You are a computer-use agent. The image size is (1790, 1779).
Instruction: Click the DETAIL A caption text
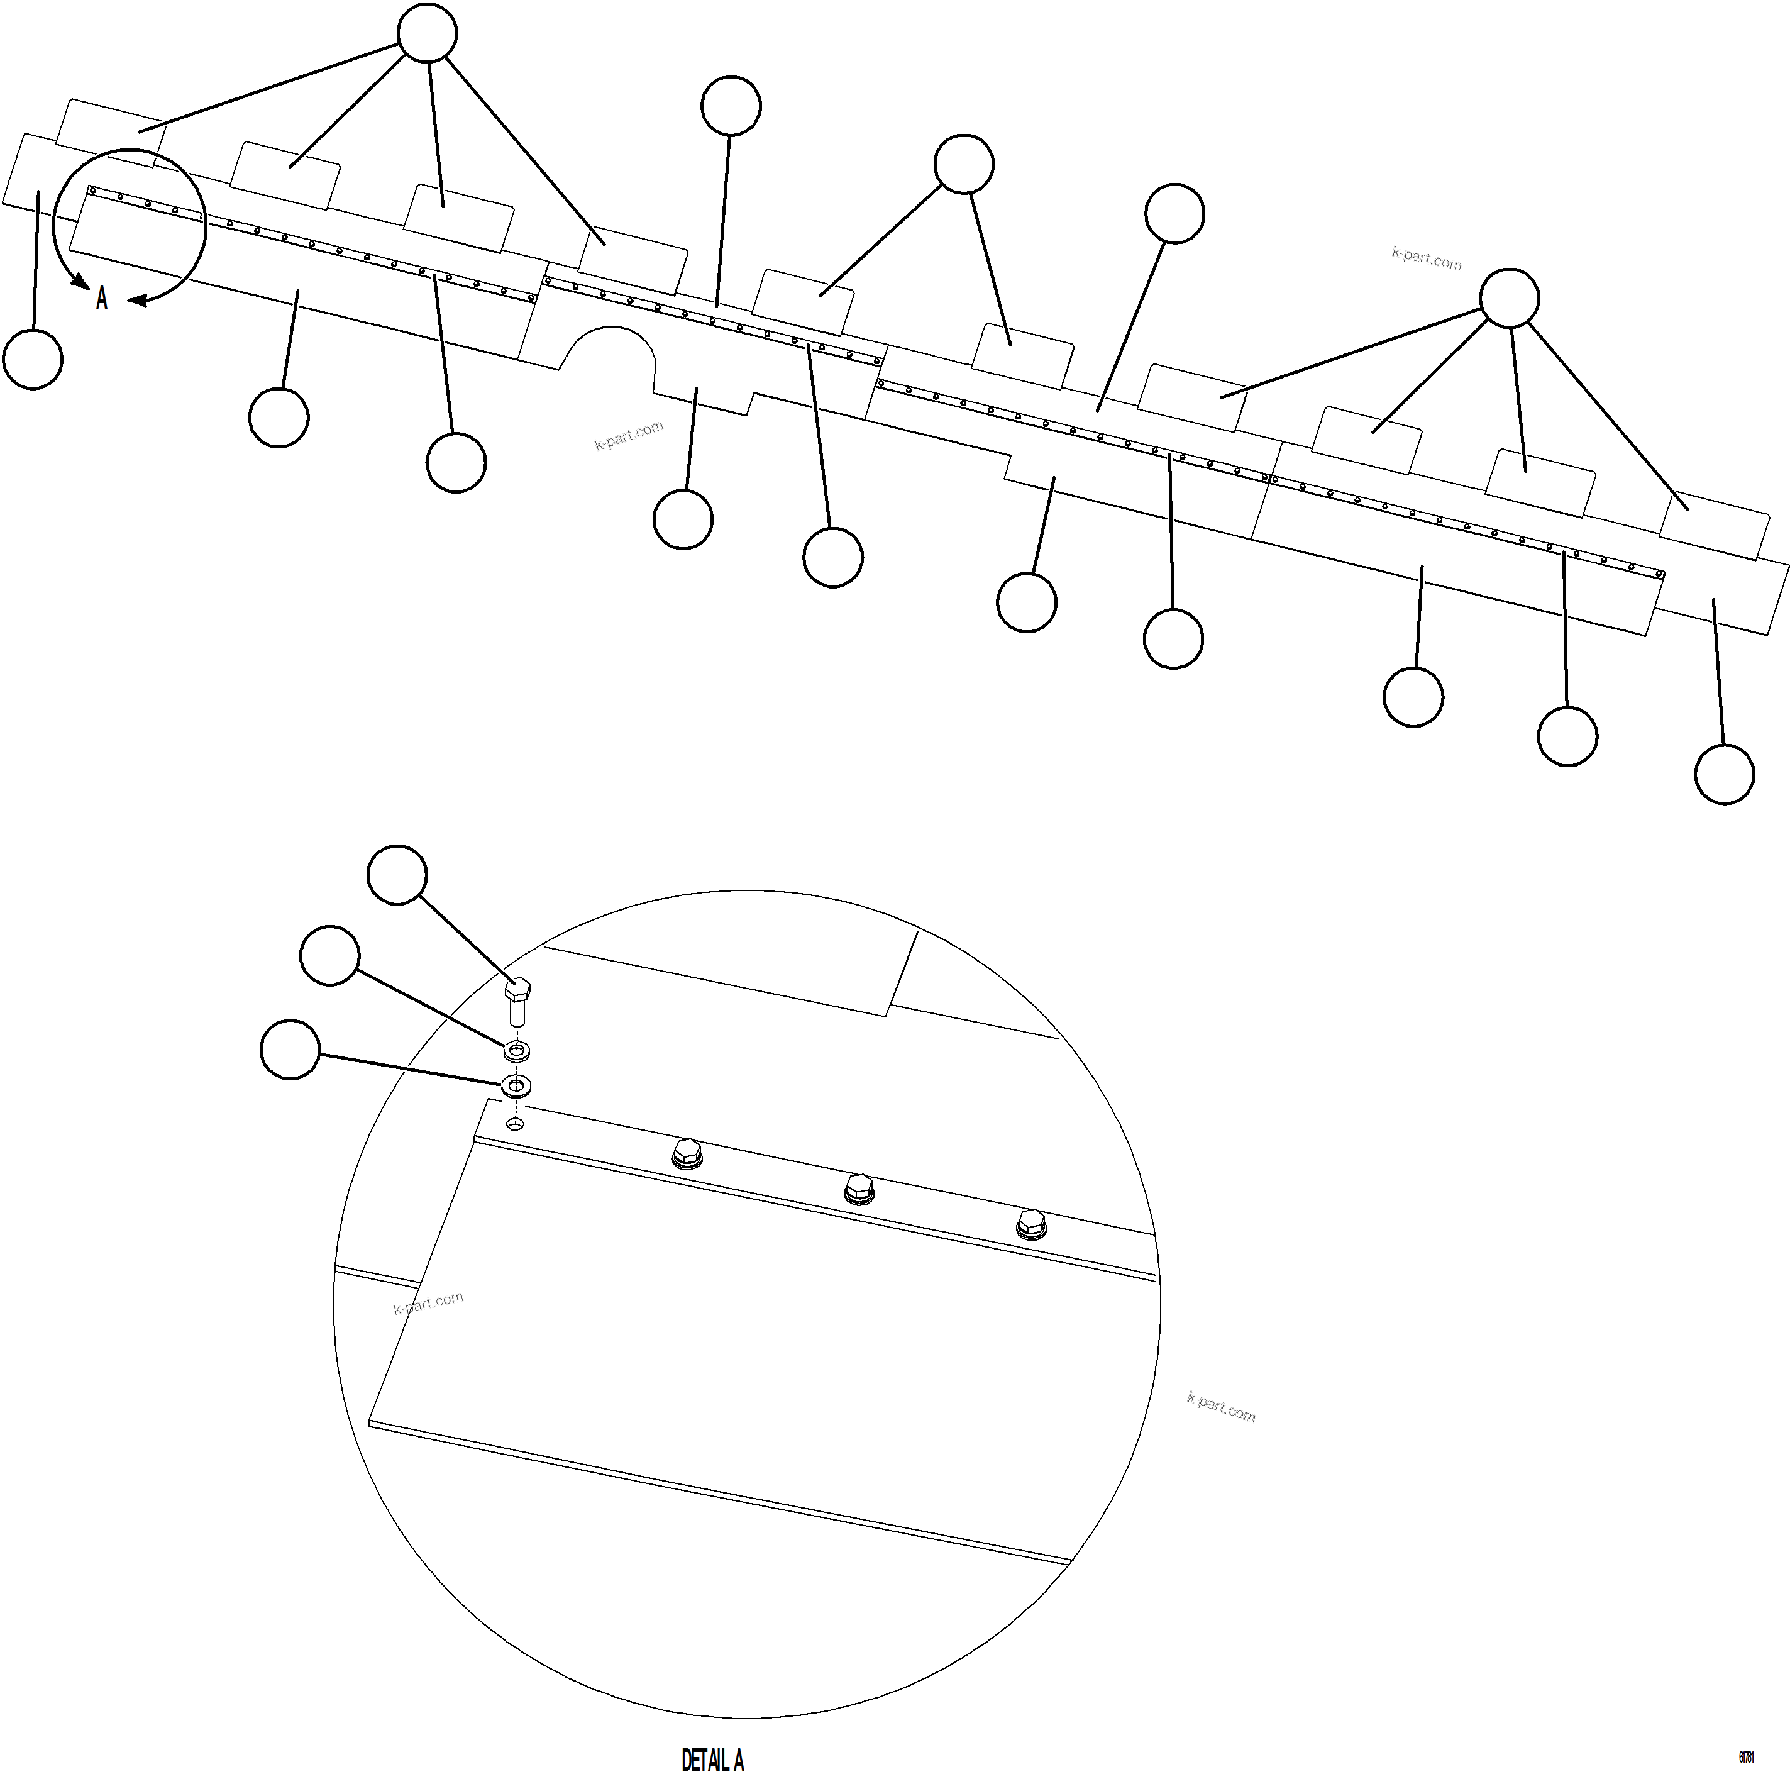(712, 1760)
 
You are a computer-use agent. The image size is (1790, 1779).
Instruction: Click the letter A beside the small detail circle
(102, 298)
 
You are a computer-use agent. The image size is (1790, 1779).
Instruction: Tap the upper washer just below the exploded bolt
(516, 1051)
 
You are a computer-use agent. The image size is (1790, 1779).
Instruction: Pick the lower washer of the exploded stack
(516, 1084)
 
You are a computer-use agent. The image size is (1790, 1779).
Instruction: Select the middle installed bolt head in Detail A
(859, 1188)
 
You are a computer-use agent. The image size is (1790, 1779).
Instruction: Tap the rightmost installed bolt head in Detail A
(1030, 1223)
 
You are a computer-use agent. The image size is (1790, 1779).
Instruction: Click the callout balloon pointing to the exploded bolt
(397, 873)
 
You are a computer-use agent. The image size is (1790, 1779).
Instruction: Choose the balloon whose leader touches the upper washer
(331, 955)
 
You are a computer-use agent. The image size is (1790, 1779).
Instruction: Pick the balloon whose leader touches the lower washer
(290, 1050)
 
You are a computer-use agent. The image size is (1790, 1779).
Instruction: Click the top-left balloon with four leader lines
(427, 33)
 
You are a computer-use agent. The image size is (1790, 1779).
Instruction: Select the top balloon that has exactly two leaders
(964, 164)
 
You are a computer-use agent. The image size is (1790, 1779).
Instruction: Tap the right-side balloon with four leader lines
(1509, 298)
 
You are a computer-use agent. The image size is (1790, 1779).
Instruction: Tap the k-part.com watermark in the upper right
(1426, 258)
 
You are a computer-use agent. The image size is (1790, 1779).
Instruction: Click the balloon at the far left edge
(33, 360)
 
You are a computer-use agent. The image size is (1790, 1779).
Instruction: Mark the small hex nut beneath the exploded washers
(516, 1124)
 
